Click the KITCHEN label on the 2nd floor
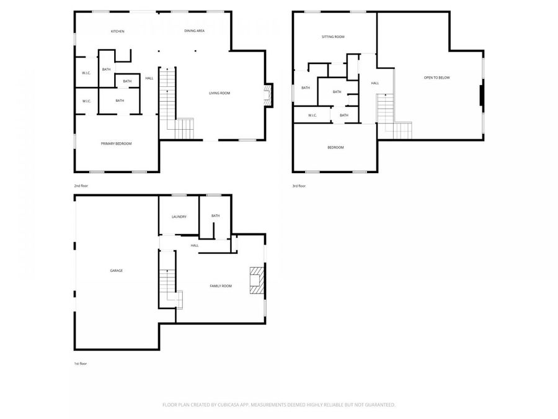click(x=118, y=31)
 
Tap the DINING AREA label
click(x=194, y=30)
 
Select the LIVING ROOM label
click(x=219, y=93)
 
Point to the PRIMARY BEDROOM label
click(x=116, y=143)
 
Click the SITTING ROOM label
click(x=333, y=37)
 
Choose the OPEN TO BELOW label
click(x=436, y=78)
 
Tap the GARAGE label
click(x=116, y=271)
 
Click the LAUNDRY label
click(x=179, y=217)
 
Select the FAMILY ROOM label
click(x=220, y=286)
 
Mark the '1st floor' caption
click(x=80, y=363)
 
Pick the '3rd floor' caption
click(x=299, y=186)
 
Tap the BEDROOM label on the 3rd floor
click(x=335, y=147)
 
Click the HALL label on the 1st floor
click(x=195, y=245)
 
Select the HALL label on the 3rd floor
click(x=374, y=83)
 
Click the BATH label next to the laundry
click(x=215, y=215)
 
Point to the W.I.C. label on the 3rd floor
click(x=312, y=115)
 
